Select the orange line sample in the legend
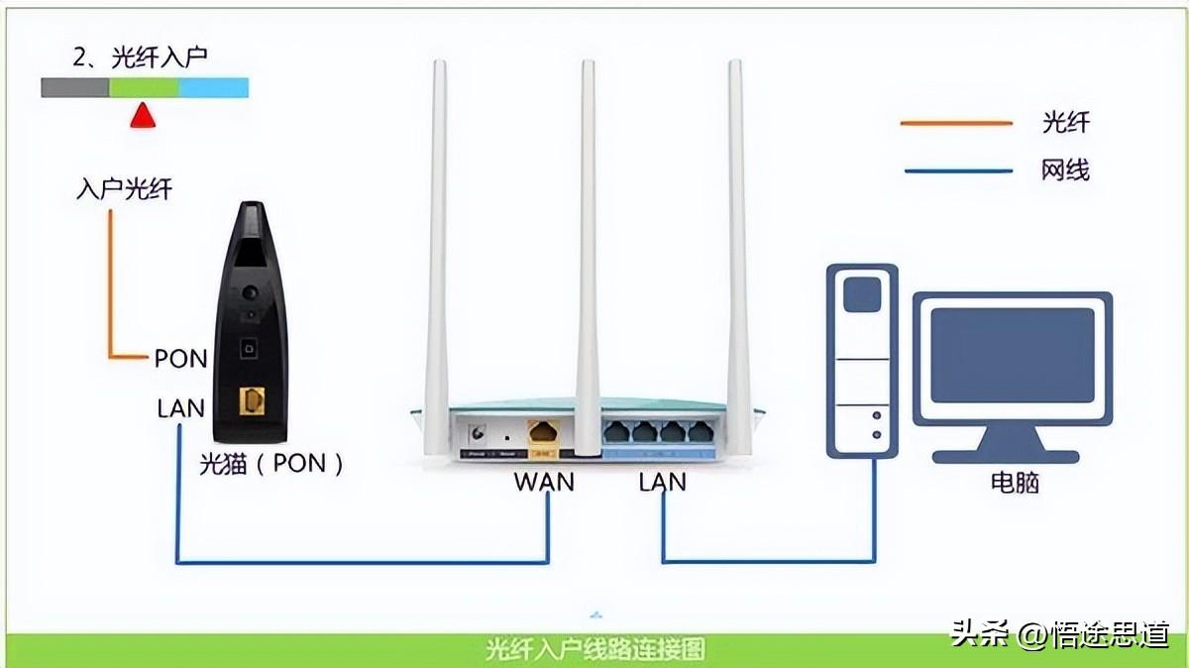(956, 124)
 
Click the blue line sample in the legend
(956, 170)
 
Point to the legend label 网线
(1065, 170)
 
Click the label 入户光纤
(124, 189)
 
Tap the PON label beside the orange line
(180, 358)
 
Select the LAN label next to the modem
(180, 407)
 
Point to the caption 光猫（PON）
(271, 463)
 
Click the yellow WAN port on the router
(543, 432)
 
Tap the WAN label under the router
(543, 483)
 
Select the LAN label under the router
(663, 483)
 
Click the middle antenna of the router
(589, 248)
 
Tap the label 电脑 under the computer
(1015, 483)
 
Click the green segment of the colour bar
(144, 88)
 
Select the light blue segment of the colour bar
(213, 88)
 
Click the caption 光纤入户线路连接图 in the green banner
(595, 650)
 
